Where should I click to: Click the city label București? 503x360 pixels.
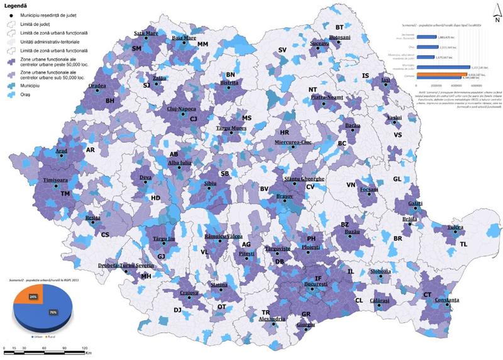click(316, 284)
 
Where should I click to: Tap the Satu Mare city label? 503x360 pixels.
click(145, 33)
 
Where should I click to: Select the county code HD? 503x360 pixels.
click(156, 198)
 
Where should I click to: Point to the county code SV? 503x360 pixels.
click(282, 50)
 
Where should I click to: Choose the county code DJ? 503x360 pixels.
click(177, 310)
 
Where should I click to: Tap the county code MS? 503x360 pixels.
click(246, 118)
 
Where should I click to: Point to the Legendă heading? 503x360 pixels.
click(15, 5)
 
